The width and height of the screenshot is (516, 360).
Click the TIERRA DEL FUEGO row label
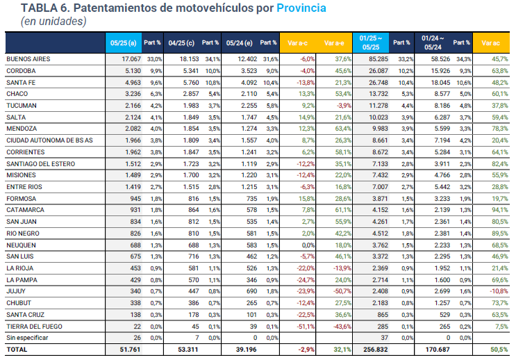click(34, 327)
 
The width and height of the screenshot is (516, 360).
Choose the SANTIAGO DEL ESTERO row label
click(40, 165)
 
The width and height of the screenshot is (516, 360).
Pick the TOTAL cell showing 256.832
click(374, 350)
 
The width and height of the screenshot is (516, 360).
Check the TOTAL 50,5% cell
click(497, 350)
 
